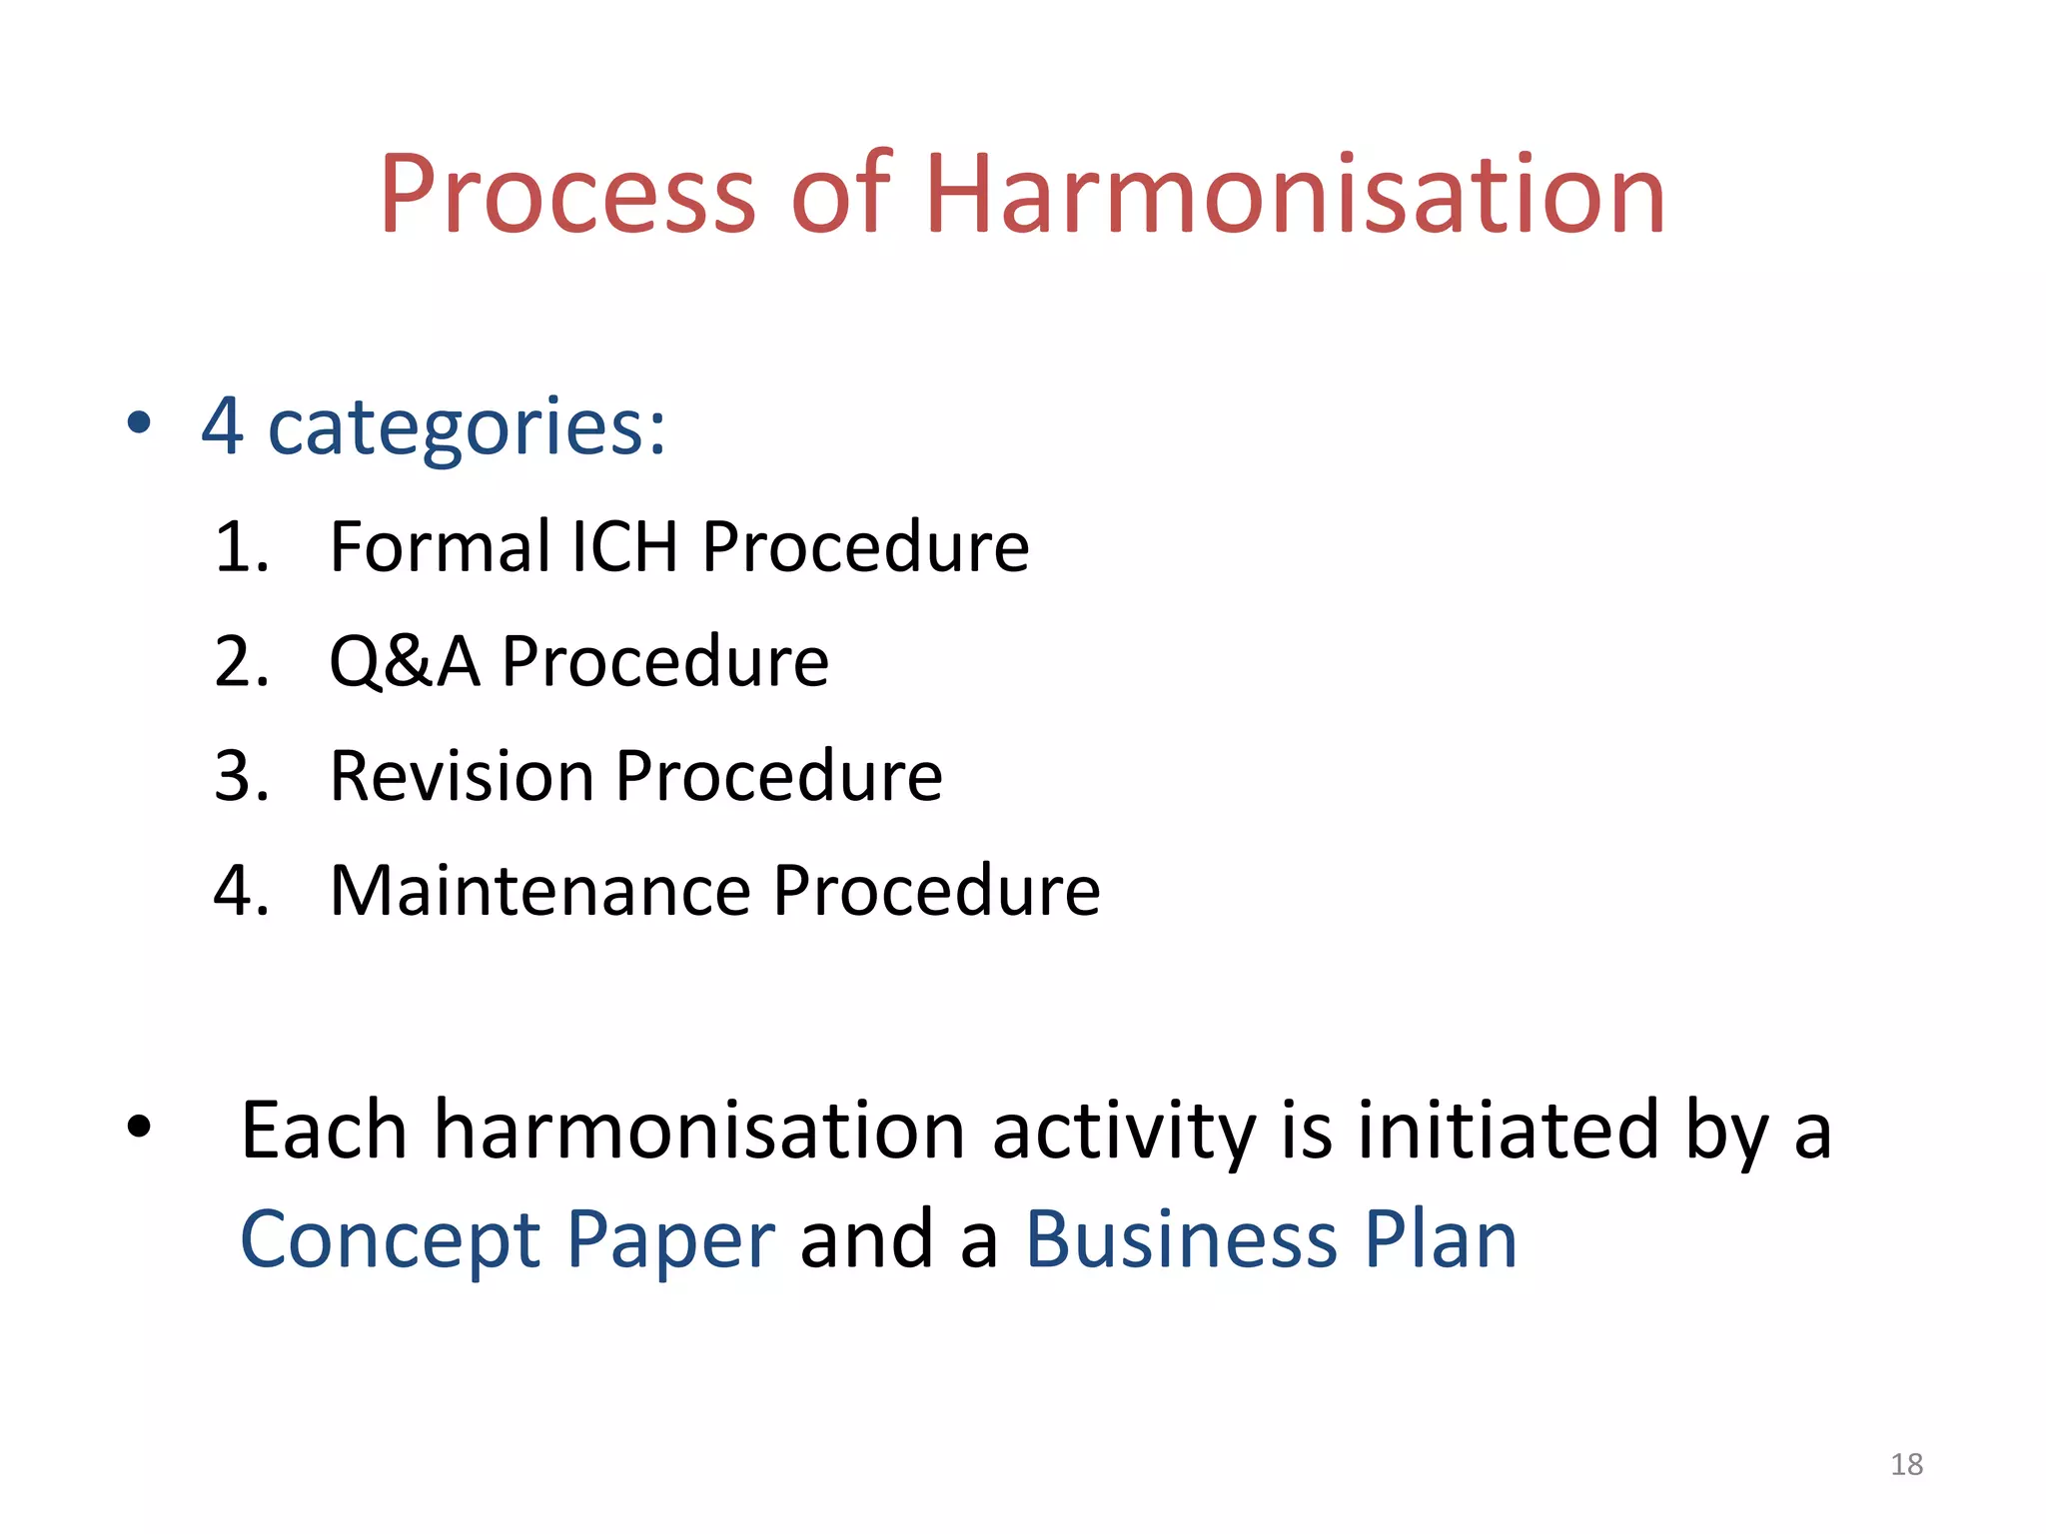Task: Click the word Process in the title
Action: coord(566,195)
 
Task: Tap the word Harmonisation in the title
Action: coord(1295,195)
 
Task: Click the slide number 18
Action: coord(1906,1464)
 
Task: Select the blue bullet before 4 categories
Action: coord(139,423)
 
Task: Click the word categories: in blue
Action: coord(467,427)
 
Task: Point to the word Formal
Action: coord(440,547)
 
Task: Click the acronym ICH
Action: coord(624,547)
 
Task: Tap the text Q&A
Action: coord(404,662)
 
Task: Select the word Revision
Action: coord(462,776)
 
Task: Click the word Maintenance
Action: coord(539,891)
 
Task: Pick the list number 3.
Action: coord(241,776)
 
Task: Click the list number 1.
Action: coord(241,547)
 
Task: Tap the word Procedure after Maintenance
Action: coord(936,891)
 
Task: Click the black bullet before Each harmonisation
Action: coord(139,1128)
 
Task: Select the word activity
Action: coord(1123,1133)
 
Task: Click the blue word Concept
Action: coord(391,1240)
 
